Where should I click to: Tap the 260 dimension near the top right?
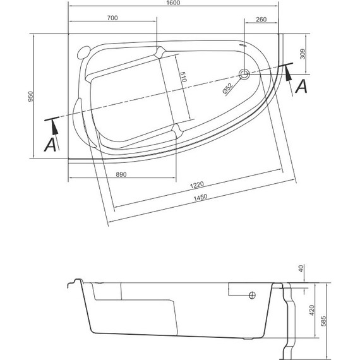[261, 18]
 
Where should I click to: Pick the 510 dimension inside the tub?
[183, 79]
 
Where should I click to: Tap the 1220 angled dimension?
[198, 184]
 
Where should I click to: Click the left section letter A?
[49, 145]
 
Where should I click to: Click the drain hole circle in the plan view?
[244, 73]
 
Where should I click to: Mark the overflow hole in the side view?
[252, 295]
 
